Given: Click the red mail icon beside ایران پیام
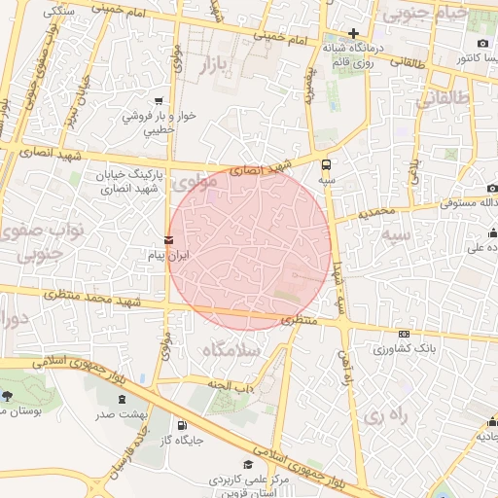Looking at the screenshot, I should coord(170,239).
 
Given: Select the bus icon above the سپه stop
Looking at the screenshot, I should coord(326,164).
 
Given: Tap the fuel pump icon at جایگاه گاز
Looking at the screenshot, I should coord(182,425).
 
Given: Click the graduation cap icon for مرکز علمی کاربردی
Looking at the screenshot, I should coord(248,465).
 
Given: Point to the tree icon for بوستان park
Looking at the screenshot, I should coord(8,396).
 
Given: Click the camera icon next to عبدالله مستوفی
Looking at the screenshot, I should coord(492,188).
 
